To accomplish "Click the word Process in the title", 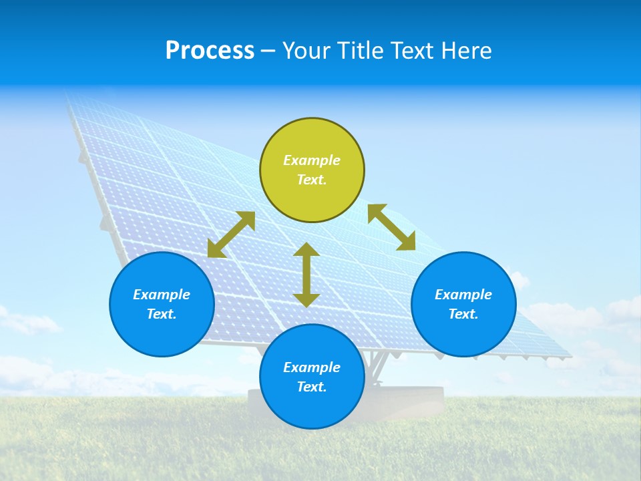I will pyautogui.click(x=210, y=51).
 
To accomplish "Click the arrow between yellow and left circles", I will pyautogui.click(x=231, y=234).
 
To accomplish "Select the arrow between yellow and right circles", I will pyautogui.click(x=391, y=227).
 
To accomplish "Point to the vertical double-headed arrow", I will pyautogui.click(x=306, y=275).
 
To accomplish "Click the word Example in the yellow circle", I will pyautogui.click(x=312, y=160).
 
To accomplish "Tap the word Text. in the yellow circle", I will pyautogui.click(x=312, y=180).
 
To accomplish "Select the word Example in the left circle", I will pyautogui.click(x=162, y=295).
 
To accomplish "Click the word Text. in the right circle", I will pyautogui.click(x=463, y=314).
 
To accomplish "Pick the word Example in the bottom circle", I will pyautogui.click(x=312, y=367).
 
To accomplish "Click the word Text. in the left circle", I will pyautogui.click(x=162, y=314).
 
